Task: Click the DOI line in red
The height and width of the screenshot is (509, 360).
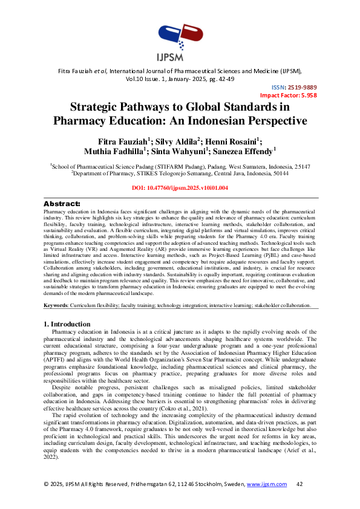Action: (180, 188)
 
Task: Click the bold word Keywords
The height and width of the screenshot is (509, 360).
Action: (56, 306)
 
